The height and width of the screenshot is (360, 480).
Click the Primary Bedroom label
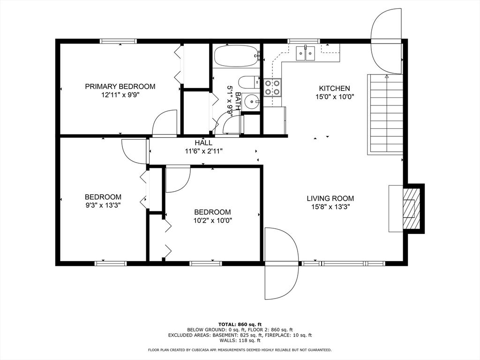[120, 86]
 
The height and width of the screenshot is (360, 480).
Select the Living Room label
[330, 198]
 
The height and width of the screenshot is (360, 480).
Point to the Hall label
[203, 142]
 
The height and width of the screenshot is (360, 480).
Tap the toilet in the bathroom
[248, 82]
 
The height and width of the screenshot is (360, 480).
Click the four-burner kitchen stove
[272, 88]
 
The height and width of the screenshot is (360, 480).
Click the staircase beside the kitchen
[385, 114]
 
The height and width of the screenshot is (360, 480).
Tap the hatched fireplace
[412, 208]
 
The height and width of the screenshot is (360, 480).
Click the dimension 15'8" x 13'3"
[330, 207]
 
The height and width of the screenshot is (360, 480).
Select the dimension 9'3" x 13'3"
[103, 205]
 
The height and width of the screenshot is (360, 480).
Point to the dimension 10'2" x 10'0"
[212, 220]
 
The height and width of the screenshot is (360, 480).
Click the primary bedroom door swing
[165, 122]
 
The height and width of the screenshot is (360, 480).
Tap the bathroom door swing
[232, 126]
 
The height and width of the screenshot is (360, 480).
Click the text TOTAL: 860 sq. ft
[240, 324]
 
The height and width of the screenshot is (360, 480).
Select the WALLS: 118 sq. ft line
[240, 340]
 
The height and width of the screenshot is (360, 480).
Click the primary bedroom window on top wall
[118, 41]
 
